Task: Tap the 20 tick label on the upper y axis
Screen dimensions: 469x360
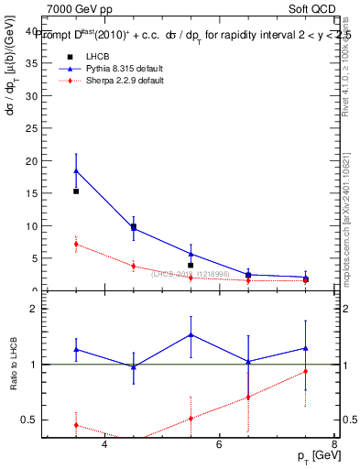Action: click(32, 161)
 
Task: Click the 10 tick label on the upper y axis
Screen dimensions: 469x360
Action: click(32, 226)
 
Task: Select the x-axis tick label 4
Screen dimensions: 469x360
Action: click(104, 444)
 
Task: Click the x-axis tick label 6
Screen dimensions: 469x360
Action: click(219, 444)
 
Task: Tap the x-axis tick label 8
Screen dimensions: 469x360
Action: click(333, 444)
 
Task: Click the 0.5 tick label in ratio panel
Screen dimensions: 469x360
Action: click(29, 420)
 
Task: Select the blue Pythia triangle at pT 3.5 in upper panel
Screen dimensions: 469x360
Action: click(76, 170)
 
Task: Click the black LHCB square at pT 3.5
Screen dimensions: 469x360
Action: click(76, 191)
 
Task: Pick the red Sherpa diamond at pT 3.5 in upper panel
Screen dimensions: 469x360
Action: click(76, 244)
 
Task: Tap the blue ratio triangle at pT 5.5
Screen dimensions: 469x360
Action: click(191, 334)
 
